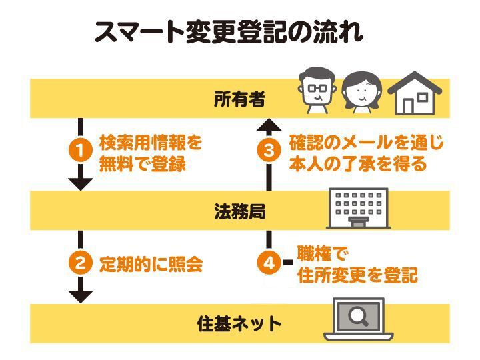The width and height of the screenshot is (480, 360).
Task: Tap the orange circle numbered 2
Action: [80, 264]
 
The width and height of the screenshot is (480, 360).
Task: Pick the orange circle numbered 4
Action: [269, 264]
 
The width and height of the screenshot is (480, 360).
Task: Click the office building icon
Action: [359, 207]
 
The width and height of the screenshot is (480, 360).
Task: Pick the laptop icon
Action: [358, 320]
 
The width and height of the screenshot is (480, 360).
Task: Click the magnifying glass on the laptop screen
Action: [358, 315]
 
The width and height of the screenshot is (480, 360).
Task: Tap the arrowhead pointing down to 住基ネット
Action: [80, 293]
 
